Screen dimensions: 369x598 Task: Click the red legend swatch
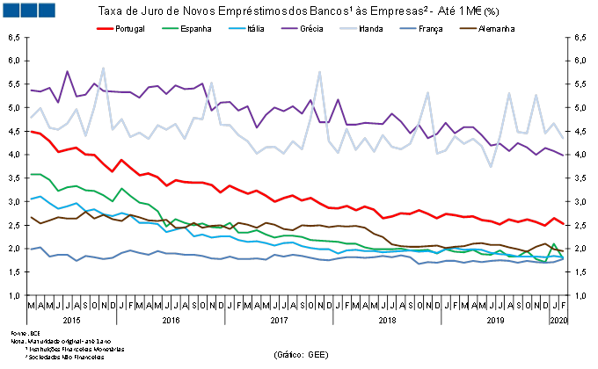click(105, 28)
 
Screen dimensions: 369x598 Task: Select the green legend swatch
click(171, 28)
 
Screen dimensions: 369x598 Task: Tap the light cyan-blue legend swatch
click(237, 28)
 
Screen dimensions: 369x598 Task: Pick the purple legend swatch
click(289, 28)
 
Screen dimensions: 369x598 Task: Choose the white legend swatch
click(348, 28)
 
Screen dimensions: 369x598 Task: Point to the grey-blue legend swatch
click(408, 28)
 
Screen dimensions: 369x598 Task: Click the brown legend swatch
click(468, 28)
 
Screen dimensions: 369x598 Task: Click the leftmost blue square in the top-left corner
click(11, 10)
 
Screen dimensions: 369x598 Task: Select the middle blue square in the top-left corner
click(28, 10)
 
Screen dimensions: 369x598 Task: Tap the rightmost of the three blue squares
click(46, 10)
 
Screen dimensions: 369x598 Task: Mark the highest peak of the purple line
click(67, 72)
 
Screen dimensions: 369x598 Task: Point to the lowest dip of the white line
click(491, 166)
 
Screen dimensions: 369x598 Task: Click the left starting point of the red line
click(31, 131)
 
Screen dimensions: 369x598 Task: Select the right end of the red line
click(564, 224)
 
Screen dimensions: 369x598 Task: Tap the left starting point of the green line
click(31, 175)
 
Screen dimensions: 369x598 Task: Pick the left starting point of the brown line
click(31, 216)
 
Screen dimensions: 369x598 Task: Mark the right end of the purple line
click(564, 155)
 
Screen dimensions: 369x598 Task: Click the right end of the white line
click(564, 139)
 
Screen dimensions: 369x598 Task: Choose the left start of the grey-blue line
click(31, 249)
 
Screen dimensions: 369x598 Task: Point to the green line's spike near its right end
click(554, 243)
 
